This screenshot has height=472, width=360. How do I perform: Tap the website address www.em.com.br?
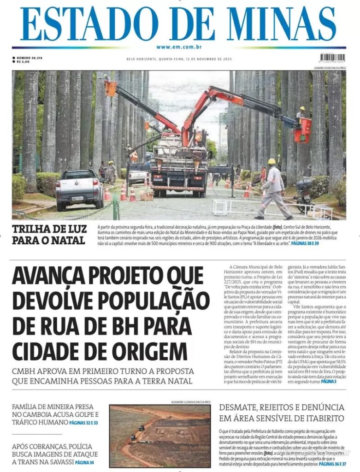pos(179,47)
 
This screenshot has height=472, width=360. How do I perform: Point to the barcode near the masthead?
pos(332,58)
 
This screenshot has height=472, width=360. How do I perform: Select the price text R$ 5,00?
pos(23,61)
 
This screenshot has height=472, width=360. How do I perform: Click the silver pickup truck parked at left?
pos(79,188)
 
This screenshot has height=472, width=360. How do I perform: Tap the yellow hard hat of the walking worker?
pos(272,162)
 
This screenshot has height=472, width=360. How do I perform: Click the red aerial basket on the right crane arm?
pos(303,130)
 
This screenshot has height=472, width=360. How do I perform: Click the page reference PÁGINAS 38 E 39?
pos(304,243)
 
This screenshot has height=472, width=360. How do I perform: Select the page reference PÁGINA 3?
pos(329,382)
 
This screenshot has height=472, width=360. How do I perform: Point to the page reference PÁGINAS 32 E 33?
pos(83,422)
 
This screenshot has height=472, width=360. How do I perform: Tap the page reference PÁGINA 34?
pos(84,462)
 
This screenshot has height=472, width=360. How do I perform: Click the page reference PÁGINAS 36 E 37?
pos(332,464)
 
